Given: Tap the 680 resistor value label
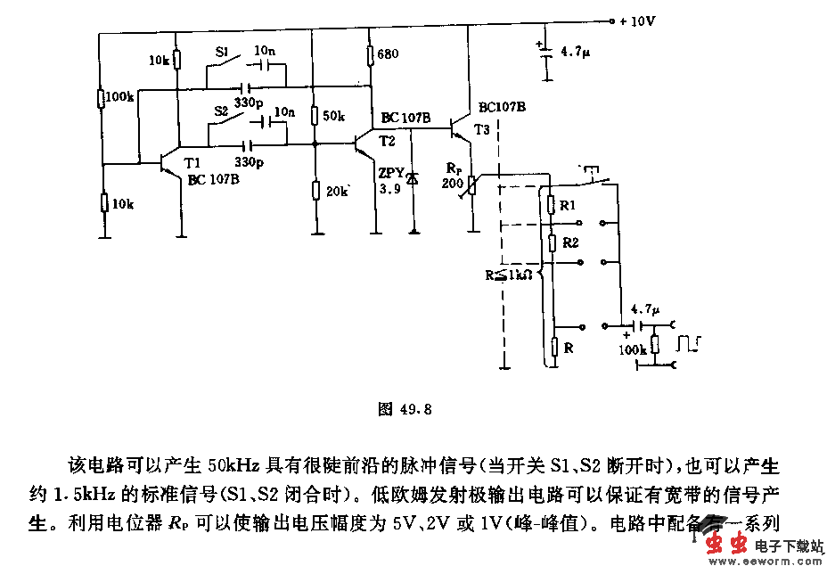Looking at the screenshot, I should pos(388,54).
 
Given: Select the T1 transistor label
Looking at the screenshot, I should pos(192,162).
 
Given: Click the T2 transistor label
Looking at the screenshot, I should pos(387,141).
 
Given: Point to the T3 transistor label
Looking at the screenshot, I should pos(482,130).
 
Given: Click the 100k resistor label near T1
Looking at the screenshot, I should pos(119,96).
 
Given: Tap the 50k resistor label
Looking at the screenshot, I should pos(333,117).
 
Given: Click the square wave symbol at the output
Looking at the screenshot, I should pos(690,342).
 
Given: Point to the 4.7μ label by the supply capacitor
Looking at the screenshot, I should pos(575,53).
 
